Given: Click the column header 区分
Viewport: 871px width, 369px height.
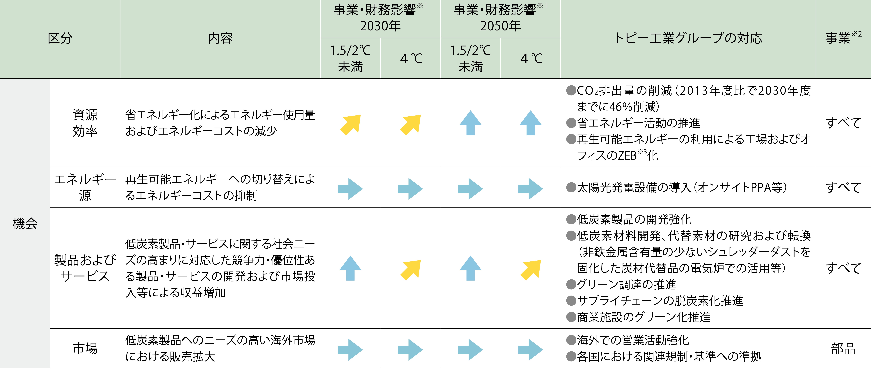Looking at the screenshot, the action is click(x=60, y=38).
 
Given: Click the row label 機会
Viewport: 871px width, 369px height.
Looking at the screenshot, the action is click(x=25, y=223).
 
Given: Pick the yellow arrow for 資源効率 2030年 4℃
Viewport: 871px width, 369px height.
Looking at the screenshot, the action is click(x=410, y=125).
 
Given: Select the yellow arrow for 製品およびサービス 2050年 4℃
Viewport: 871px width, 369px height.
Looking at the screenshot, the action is click(x=531, y=270).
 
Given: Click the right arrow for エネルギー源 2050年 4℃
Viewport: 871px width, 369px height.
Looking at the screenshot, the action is click(x=531, y=189).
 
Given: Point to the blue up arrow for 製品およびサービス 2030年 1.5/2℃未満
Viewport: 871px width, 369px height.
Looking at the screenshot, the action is click(x=350, y=268).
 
